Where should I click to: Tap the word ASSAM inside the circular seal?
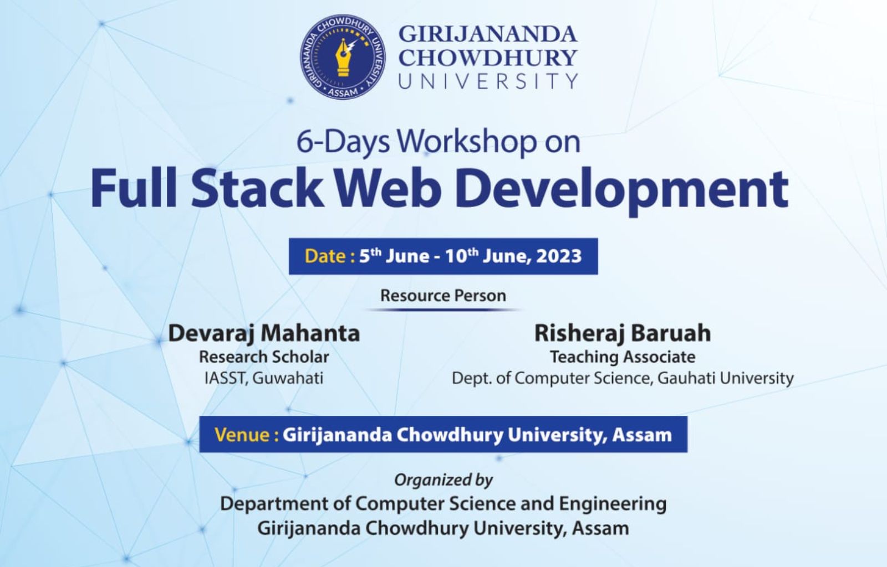343,92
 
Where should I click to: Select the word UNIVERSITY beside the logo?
488,81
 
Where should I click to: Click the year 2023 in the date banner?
559,256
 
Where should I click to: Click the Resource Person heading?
443,296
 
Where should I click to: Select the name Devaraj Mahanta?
264,333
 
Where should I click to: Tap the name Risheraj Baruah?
623,333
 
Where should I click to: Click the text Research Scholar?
264,357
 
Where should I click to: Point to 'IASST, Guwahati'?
264,379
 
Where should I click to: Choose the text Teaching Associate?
623,357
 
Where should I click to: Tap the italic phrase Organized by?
443,480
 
